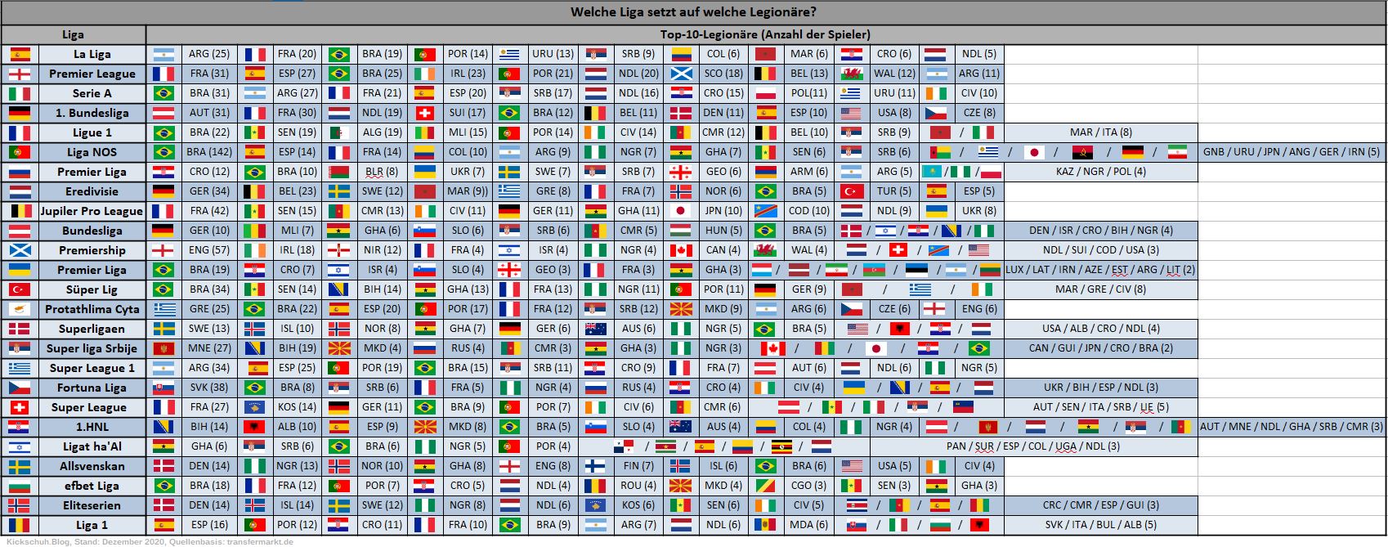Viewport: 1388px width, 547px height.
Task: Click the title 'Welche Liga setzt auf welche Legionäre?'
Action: [x=693, y=12]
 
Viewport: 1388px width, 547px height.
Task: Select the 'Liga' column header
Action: [x=73, y=34]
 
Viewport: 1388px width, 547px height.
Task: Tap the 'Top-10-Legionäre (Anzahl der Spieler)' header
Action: [x=765, y=34]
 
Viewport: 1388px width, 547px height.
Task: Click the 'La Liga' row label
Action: [x=92, y=54]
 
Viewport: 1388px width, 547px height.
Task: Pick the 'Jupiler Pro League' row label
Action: [x=92, y=211]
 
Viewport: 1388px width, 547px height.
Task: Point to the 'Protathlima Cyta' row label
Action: [x=92, y=309]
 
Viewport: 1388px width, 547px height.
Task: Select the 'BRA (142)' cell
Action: [x=208, y=152]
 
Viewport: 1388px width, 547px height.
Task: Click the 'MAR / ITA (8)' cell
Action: [x=1100, y=132]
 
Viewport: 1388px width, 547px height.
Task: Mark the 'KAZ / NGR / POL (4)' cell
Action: [x=1100, y=172]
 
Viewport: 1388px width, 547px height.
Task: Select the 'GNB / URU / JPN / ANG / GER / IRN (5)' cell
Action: [x=1291, y=152]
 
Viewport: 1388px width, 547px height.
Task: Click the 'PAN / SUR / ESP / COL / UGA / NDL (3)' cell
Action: [x=1032, y=446]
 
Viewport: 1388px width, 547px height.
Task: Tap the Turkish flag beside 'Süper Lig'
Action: [x=20, y=289]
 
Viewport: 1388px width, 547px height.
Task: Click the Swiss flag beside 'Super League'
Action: [x=20, y=407]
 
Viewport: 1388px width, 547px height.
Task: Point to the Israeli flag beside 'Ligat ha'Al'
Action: [x=20, y=446]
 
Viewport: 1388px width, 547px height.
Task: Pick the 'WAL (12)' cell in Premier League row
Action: [x=894, y=74]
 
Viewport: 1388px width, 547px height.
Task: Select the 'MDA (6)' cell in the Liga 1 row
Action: [x=808, y=525]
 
